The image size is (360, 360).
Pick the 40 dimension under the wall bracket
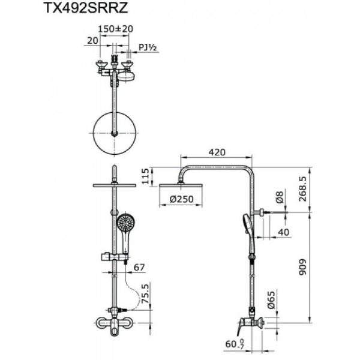tap(282, 233)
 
